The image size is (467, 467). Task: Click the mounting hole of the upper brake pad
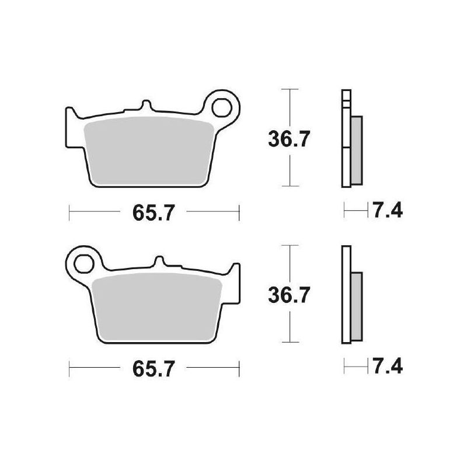[x=222, y=107]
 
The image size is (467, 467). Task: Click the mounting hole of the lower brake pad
[x=84, y=264]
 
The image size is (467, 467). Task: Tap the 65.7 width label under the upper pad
[x=154, y=212]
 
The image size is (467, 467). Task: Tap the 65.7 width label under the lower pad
[x=154, y=369]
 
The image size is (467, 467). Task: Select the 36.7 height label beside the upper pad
[x=289, y=139]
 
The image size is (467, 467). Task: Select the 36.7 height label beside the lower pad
[x=289, y=295]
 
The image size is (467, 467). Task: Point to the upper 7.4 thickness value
[x=388, y=210]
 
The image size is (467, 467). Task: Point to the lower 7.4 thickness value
[x=388, y=366]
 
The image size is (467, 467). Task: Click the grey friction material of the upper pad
[x=149, y=151]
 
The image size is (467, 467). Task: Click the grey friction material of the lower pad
[x=157, y=307]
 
